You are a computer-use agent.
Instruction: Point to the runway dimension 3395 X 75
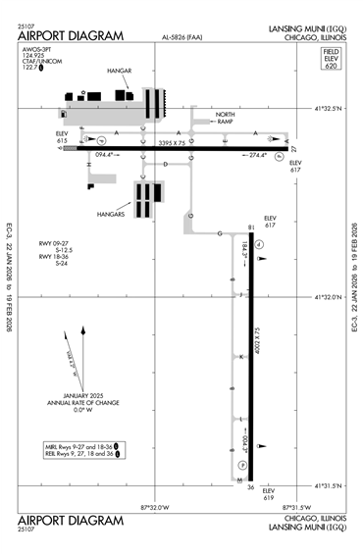tap(178, 142)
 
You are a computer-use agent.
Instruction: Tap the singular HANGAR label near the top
tap(120, 72)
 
